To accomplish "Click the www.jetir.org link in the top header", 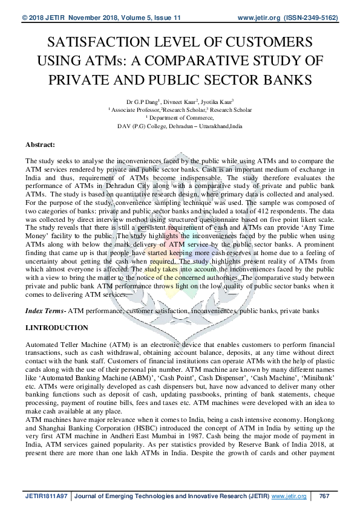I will click(261, 19).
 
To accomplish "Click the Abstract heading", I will click(41, 145).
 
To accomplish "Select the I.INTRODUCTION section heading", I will click(56, 328).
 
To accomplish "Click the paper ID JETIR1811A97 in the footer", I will click(47, 496).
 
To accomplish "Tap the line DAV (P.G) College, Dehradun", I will click(180, 126).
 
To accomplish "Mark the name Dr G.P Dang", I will click(138, 103).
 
